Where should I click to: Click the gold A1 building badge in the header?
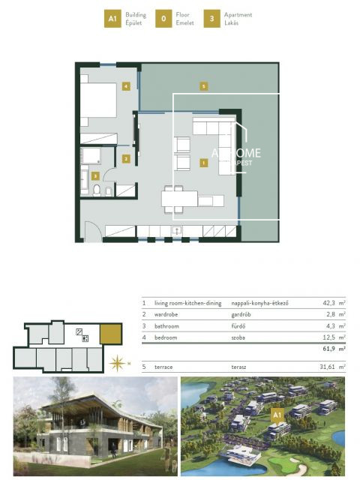pyautogui.click(x=112, y=19)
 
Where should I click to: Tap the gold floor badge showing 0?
pyautogui.click(x=163, y=19)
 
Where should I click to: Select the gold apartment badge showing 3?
pyautogui.click(x=213, y=19)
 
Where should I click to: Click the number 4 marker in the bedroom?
pyautogui.click(x=126, y=87)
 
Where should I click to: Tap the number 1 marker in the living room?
pyautogui.click(x=203, y=161)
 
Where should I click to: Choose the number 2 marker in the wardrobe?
pyautogui.click(x=127, y=158)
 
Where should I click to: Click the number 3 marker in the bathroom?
pyautogui.click(x=95, y=175)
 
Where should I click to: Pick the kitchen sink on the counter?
pyautogui.click(x=177, y=230)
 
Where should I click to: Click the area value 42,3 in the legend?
pyautogui.click(x=327, y=303)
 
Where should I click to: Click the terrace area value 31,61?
pyautogui.click(x=325, y=367)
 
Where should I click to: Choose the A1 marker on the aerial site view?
pyautogui.click(x=277, y=413)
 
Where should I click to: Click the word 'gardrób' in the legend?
pyautogui.click(x=243, y=315)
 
